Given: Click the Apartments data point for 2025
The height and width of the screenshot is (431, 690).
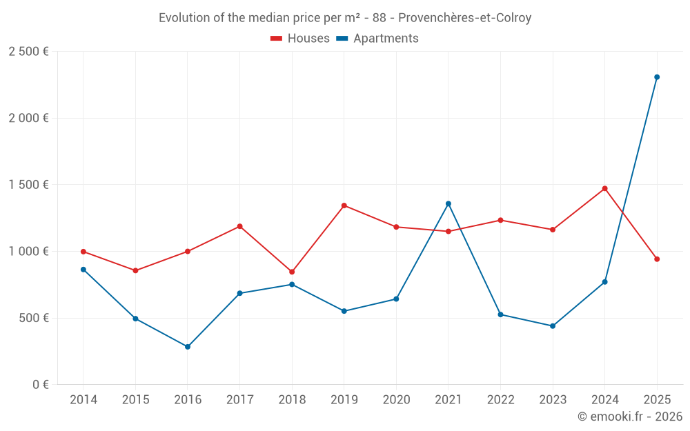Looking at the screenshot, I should click(657, 77).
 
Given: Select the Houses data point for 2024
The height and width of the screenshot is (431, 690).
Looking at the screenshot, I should click(604, 188).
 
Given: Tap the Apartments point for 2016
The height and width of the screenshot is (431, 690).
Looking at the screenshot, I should click(188, 347).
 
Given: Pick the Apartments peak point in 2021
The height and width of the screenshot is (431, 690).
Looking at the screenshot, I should click(448, 203).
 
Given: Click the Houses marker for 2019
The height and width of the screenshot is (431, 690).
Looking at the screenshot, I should click(344, 206).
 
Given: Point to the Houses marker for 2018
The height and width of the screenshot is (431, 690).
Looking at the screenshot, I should click(292, 272).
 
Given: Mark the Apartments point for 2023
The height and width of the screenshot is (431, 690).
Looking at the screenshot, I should click(553, 326).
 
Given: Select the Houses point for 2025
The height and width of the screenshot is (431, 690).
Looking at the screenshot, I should click(657, 259).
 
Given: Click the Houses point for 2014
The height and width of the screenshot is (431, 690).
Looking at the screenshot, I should click(83, 252).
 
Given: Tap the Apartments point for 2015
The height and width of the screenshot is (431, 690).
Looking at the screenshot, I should click(135, 319).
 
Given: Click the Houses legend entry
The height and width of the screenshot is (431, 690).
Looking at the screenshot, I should click(300, 39).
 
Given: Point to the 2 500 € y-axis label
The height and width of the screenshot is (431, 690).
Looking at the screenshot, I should click(28, 52).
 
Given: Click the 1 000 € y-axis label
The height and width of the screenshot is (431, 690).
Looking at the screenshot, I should click(28, 251).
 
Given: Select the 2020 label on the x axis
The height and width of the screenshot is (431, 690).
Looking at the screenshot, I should click(396, 400).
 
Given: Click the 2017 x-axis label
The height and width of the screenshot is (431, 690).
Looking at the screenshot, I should click(239, 400).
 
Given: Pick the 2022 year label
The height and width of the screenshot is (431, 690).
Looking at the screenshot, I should click(500, 400).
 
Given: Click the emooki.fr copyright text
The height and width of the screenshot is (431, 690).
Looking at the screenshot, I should click(629, 417).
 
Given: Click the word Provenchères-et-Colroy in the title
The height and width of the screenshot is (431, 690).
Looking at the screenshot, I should click(464, 18).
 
